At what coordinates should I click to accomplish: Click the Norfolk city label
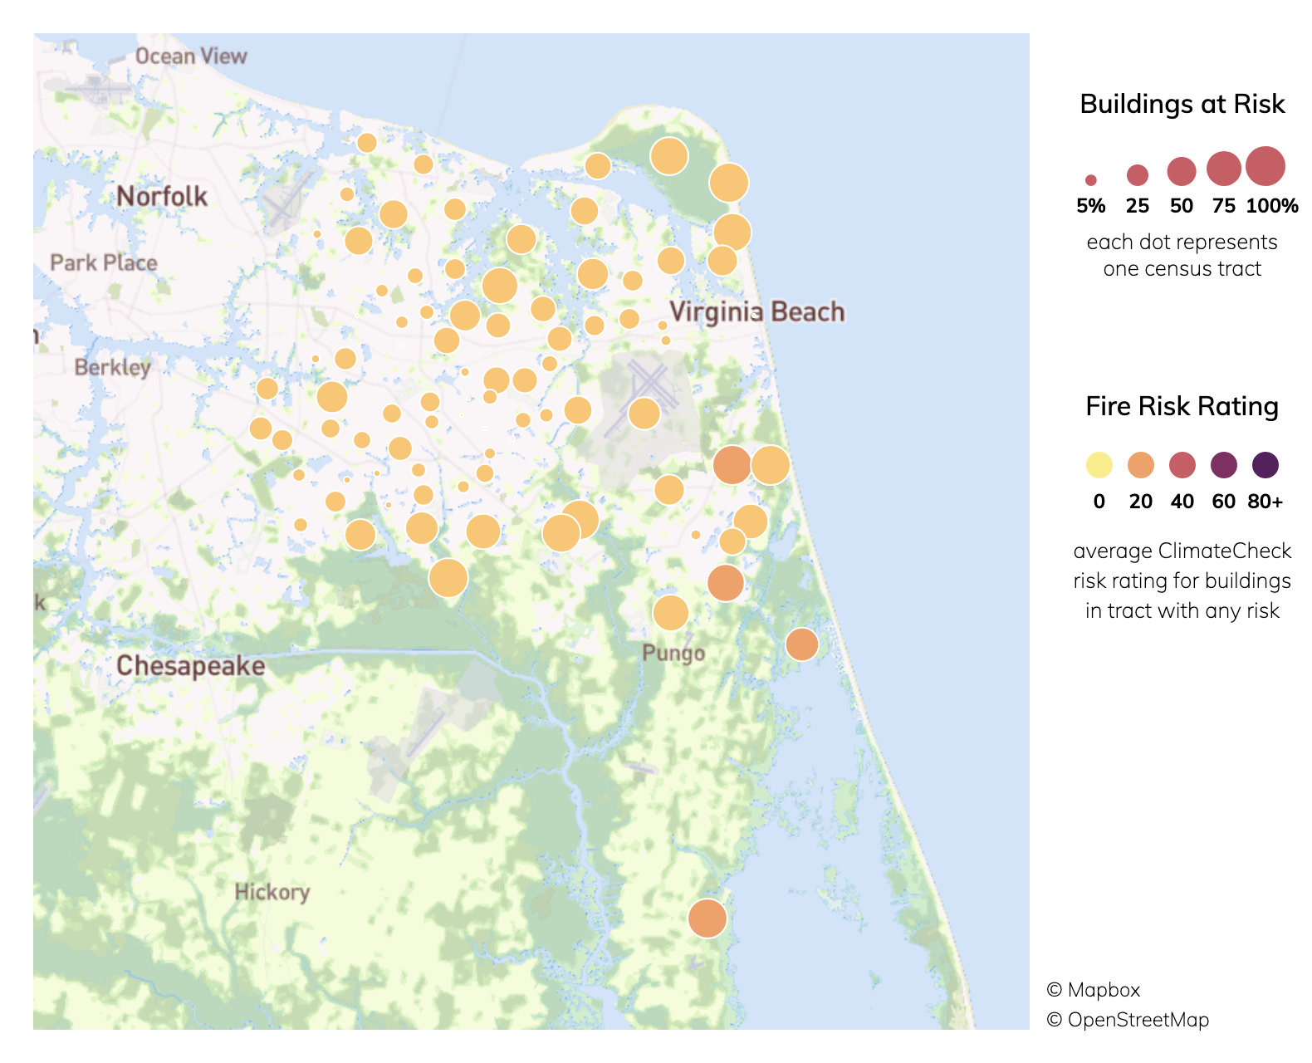[162, 197]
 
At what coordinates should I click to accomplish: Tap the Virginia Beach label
[756, 312]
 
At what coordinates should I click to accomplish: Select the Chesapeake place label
[190, 666]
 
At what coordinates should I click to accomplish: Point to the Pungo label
[673, 653]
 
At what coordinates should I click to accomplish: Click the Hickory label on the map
[272, 892]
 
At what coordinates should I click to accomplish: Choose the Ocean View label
[191, 56]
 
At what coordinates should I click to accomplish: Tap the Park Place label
[104, 263]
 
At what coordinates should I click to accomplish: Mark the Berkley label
[112, 367]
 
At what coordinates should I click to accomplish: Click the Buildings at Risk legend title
[1182, 104]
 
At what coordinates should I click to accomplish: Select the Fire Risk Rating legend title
[1182, 406]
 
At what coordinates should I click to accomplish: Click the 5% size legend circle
[1091, 180]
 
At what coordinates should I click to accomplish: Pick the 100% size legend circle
[1265, 166]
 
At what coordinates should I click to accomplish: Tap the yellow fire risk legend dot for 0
[1099, 465]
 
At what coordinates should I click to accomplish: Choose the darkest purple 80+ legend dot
[1265, 465]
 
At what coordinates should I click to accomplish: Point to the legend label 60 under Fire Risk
[1223, 502]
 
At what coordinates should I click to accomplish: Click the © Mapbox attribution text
[1093, 990]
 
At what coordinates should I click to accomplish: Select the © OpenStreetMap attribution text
[1128, 1020]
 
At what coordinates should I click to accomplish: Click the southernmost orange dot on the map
[707, 918]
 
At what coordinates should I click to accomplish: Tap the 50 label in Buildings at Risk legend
[1181, 206]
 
